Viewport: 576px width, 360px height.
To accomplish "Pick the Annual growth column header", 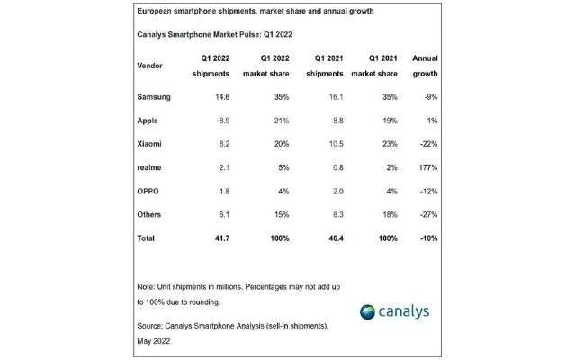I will (424, 67).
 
